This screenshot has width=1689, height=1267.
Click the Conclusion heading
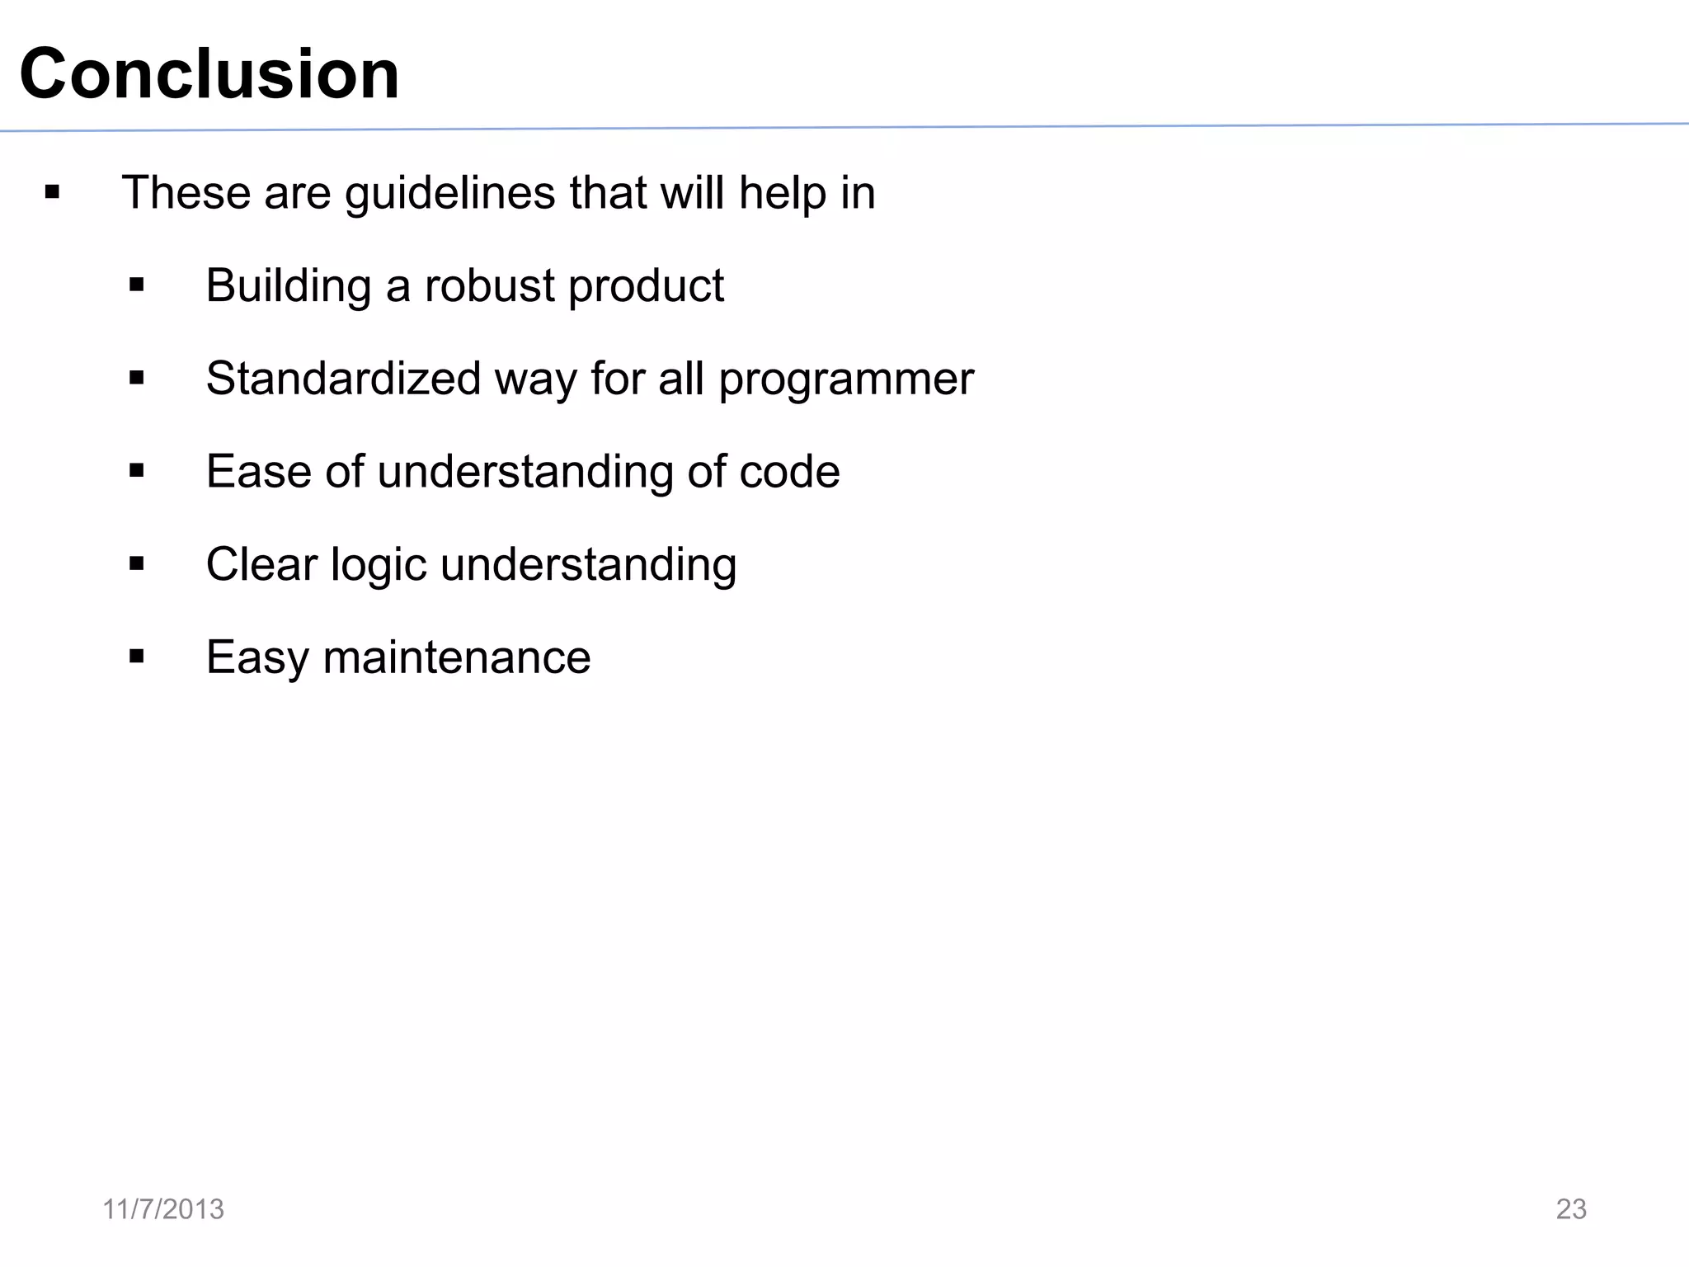pos(209,74)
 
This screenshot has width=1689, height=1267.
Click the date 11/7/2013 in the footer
pos(163,1209)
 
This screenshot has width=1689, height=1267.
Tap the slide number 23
pos(1570,1209)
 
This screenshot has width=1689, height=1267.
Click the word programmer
pos(846,380)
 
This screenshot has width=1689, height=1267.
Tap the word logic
pos(379,567)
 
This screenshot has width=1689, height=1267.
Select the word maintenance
pos(457,658)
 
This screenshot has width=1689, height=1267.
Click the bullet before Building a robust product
pos(137,286)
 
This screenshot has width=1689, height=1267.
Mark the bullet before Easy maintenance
pos(137,657)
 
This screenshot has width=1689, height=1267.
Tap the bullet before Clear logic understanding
pos(137,564)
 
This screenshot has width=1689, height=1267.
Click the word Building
pos(288,286)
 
